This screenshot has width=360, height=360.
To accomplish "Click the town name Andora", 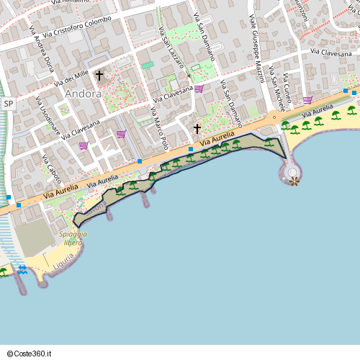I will coord(83,94).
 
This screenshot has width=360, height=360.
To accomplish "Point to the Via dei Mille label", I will coord(71,79).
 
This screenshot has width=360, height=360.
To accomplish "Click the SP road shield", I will coord(9,104).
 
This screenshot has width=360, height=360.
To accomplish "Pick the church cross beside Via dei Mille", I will coord(99,74).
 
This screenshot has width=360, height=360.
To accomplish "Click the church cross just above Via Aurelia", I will coord(197,128).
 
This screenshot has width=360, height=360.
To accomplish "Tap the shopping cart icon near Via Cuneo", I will coord(307,100).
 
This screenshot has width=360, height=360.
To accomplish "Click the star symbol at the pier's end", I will coord(294,181).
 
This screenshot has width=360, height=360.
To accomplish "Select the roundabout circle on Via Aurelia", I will coord(274,117).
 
